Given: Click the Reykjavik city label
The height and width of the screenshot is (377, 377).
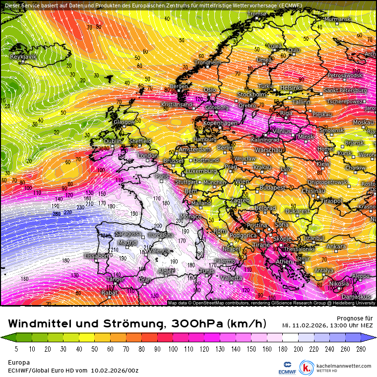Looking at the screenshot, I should [23, 57].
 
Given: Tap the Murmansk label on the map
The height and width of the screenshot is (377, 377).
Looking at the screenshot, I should [337, 19].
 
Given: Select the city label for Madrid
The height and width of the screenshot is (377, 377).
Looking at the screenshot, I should [127, 243].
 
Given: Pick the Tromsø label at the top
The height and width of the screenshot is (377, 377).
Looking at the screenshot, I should [257, 14].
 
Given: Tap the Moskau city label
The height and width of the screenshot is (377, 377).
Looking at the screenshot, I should [363, 122].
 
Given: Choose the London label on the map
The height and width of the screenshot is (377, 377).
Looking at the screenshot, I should [147, 156].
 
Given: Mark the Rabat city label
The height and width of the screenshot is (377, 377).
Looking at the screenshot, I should [109, 293].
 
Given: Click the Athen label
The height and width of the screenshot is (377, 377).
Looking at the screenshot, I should [284, 261].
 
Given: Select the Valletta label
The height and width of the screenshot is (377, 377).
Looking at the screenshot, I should [232, 278].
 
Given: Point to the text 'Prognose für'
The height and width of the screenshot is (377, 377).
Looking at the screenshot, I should [354, 318].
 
